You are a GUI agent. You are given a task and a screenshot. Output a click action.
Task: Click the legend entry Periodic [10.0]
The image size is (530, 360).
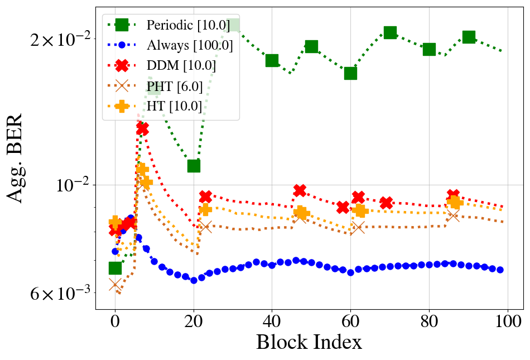[x=173, y=25]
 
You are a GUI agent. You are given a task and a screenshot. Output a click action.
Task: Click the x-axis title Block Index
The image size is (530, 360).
[x=309, y=342]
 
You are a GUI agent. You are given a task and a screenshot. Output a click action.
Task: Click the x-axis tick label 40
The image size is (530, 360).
[x=272, y=322]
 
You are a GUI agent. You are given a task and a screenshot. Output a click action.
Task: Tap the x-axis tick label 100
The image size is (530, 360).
[x=507, y=322]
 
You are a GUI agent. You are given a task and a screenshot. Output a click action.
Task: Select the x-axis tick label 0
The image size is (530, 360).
[x=115, y=322]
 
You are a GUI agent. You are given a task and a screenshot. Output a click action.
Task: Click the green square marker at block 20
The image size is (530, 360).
[x=194, y=166]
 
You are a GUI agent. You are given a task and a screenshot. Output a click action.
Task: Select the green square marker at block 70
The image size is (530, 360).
[x=390, y=32]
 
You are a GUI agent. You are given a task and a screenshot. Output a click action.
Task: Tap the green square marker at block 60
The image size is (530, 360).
[x=350, y=73]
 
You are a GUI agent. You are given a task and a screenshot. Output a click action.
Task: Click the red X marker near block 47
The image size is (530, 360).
[x=300, y=191]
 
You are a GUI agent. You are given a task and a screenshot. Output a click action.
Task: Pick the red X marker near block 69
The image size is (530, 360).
[x=386, y=203]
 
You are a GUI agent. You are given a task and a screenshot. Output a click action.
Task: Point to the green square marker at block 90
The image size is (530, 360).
[x=469, y=37]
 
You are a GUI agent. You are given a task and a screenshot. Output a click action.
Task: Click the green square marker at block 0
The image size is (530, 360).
[x=115, y=268]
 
